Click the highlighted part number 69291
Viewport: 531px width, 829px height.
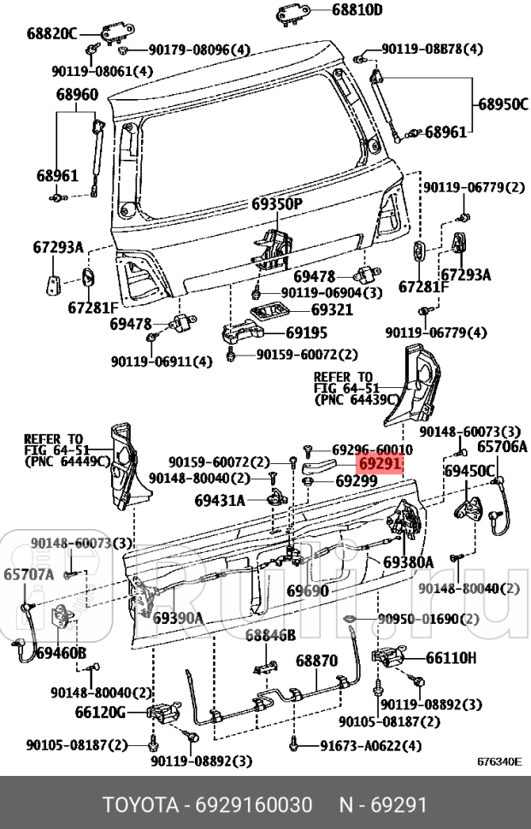tap(380, 464)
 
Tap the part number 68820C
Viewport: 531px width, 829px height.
tap(51, 34)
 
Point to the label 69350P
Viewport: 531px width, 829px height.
tap(277, 204)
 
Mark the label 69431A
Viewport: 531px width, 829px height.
tap(220, 500)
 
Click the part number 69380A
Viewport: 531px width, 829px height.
tap(408, 561)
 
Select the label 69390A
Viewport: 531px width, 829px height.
tap(178, 618)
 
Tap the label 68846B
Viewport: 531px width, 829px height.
tap(270, 635)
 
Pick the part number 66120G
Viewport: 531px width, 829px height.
tap(100, 712)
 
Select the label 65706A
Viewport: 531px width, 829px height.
tap(502, 446)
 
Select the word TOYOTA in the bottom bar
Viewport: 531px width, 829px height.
tap(136, 805)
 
